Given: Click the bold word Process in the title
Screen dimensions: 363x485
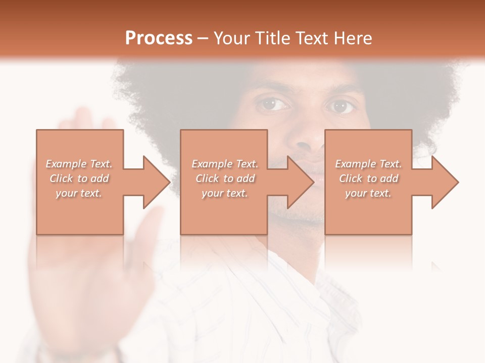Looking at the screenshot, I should click(159, 38).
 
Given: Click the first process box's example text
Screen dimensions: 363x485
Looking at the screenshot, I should click(79, 178).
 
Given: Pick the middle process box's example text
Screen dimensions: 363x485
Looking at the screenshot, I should click(225, 178).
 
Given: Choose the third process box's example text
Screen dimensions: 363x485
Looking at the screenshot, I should click(368, 178).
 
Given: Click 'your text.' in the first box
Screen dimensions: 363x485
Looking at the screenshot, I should click(79, 193).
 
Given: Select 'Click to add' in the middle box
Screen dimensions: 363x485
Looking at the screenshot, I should click(225, 178).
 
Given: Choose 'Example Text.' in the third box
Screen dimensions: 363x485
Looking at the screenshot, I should click(368, 164).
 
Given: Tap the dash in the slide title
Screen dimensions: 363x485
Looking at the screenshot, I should click(203, 38).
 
